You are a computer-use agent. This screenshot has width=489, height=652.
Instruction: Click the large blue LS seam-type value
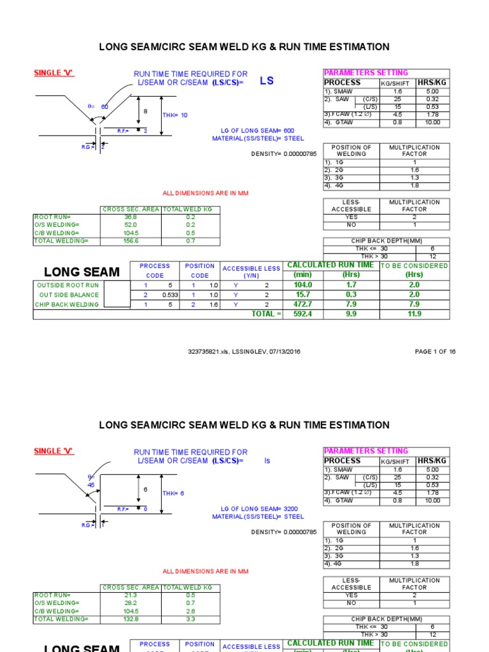[x=266, y=81]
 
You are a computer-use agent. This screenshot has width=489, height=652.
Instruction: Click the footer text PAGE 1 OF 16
[x=435, y=351]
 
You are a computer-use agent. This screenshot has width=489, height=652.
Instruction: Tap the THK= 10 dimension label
[x=175, y=115]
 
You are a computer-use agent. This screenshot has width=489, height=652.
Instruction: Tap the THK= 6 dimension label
[x=173, y=493]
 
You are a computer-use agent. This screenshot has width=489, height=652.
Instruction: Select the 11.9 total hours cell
[x=415, y=314]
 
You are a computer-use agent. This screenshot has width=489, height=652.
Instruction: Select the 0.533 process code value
[x=169, y=295]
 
